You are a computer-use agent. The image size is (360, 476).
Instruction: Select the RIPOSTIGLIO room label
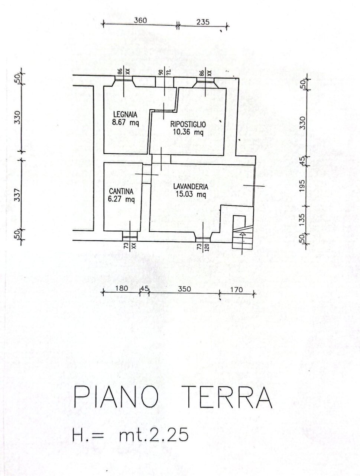188,124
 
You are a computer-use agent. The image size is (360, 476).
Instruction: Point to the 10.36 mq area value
188,132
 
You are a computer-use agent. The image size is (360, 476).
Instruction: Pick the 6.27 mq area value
121,199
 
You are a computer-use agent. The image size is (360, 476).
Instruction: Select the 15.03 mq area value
191,194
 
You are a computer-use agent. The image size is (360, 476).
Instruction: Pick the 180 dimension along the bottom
121,289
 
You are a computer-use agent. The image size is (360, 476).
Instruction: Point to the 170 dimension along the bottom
236,289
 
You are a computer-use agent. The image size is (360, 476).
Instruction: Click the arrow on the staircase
242,234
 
